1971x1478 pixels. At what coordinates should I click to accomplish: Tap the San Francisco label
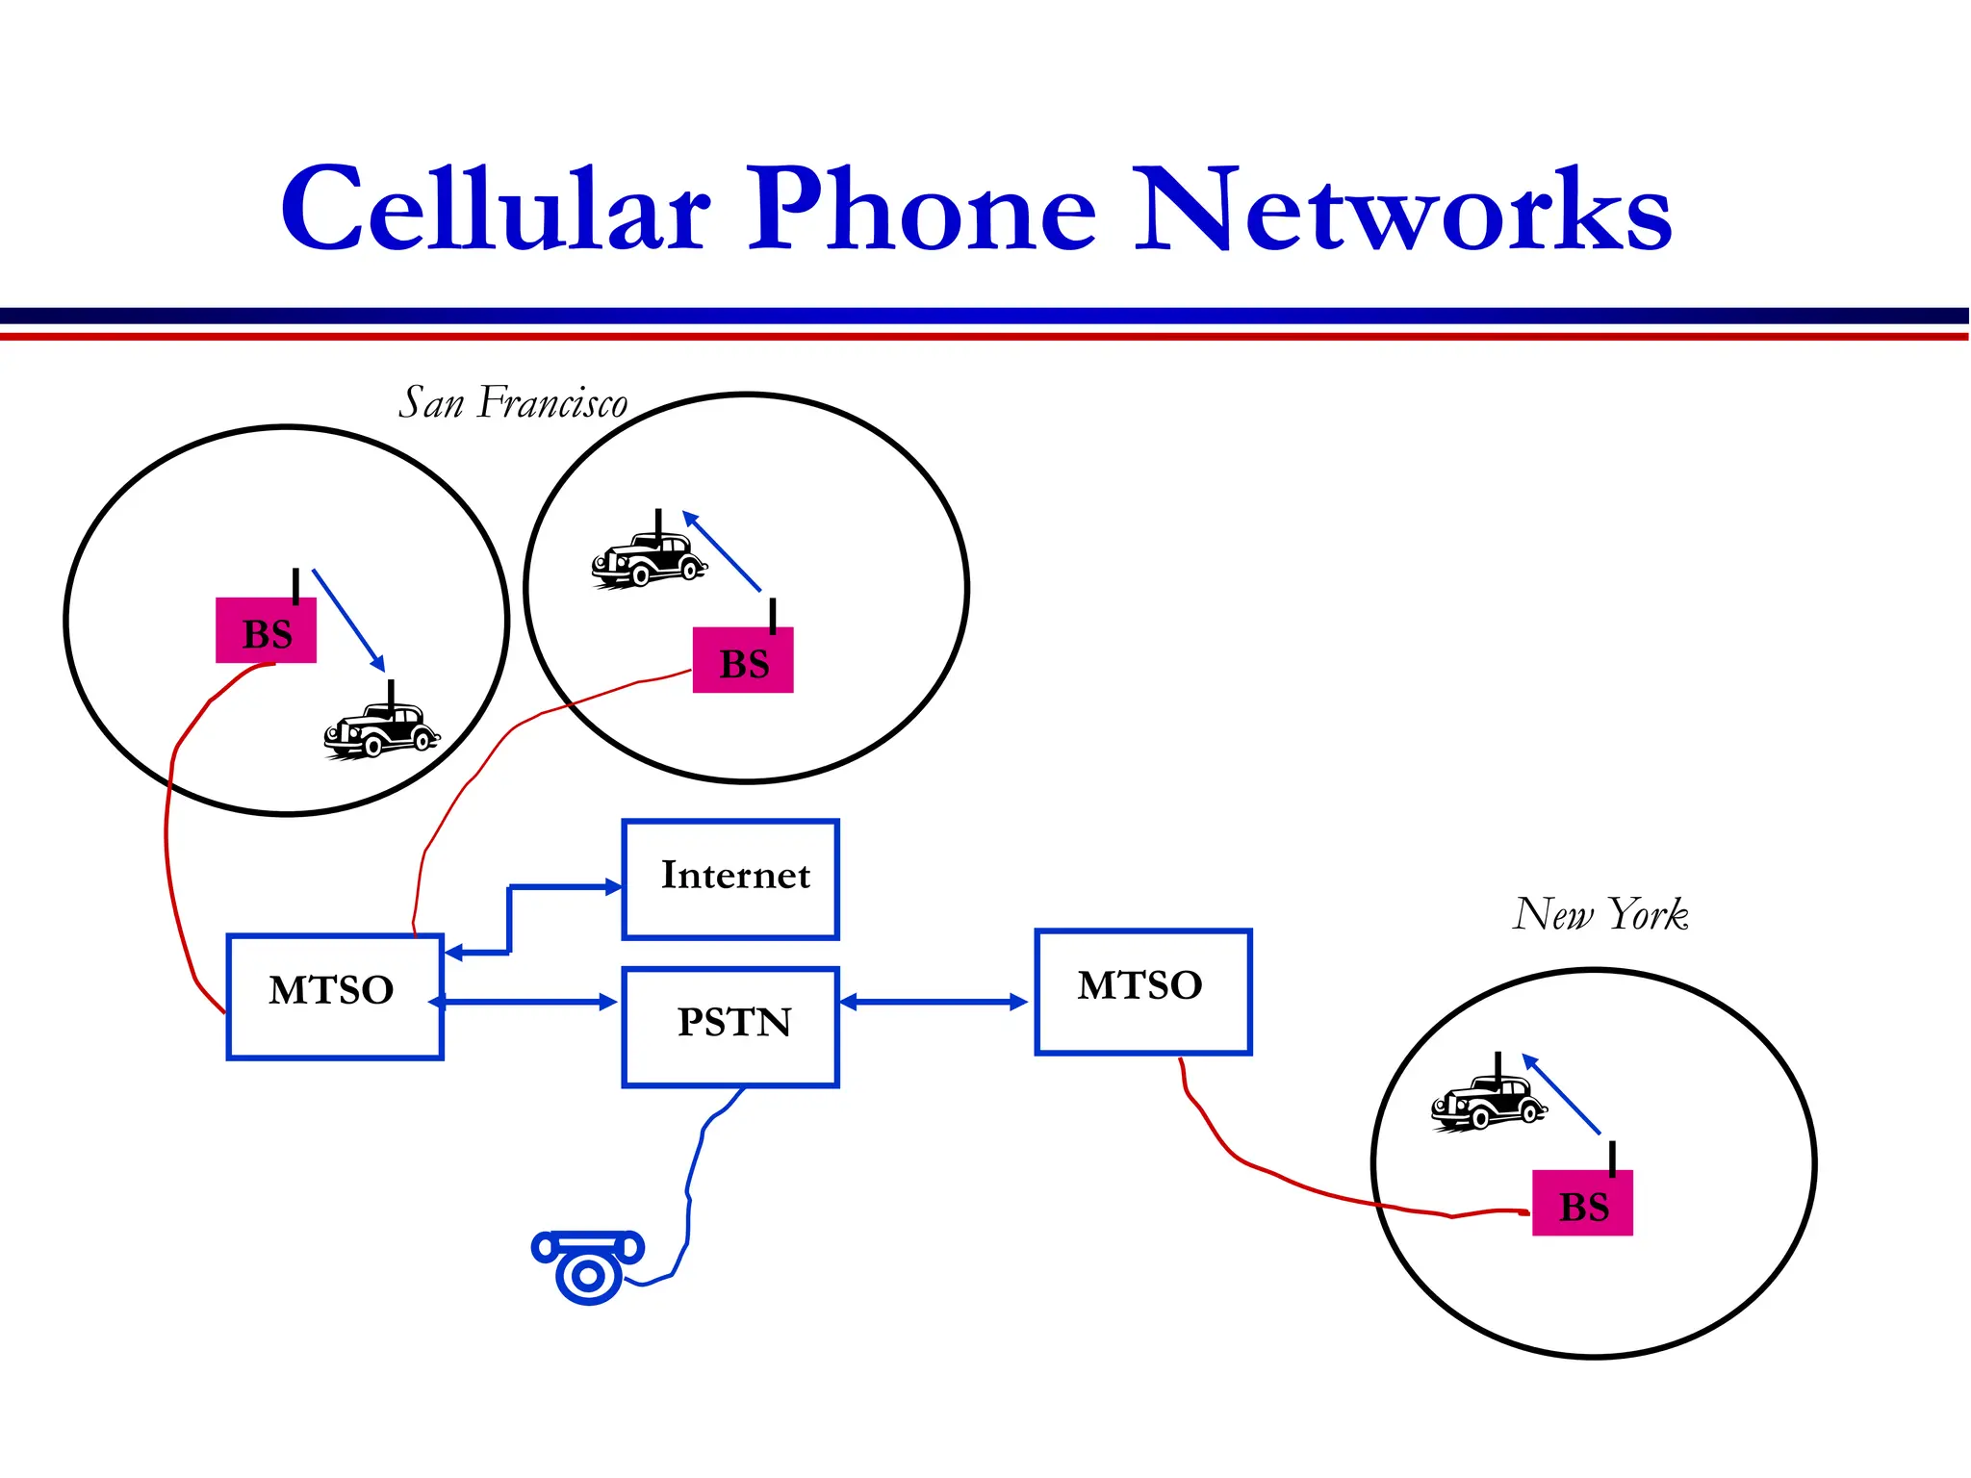[x=513, y=402]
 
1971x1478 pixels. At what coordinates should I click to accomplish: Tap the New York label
[x=1600, y=914]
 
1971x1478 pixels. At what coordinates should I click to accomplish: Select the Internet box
[x=731, y=879]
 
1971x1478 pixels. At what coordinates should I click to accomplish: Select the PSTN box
[x=731, y=1027]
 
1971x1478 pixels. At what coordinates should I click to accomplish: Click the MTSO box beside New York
[x=1143, y=991]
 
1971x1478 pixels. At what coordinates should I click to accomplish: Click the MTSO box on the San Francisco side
[x=335, y=995]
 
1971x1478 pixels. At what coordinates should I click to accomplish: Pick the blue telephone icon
[x=587, y=1265]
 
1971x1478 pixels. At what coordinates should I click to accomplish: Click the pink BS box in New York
[x=1582, y=1203]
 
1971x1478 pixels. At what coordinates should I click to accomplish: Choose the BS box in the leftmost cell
[x=266, y=631]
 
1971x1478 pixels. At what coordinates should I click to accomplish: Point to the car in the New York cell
[x=1488, y=1102]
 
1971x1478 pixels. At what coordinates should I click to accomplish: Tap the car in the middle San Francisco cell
[x=650, y=559]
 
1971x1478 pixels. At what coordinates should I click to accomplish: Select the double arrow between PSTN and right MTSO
[x=934, y=1002]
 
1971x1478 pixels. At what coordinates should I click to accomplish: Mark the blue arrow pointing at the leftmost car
[x=348, y=620]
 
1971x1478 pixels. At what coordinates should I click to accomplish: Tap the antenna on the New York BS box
[x=1612, y=1158]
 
